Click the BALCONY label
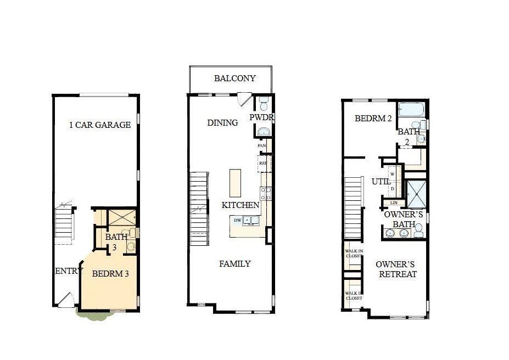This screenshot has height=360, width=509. (x=234, y=78)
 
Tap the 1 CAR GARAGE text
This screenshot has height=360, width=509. (x=100, y=125)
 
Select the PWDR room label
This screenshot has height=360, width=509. (x=261, y=118)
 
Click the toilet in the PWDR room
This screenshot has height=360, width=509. (x=264, y=103)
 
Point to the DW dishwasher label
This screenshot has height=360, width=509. (x=237, y=220)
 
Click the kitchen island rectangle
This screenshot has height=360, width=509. (x=236, y=183)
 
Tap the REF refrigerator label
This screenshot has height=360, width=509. (x=263, y=163)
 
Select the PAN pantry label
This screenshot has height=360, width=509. (x=262, y=146)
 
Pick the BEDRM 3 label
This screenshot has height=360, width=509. (x=110, y=273)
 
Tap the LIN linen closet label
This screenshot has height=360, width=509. (x=394, y=203)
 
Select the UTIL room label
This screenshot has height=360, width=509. (x=381, y=181)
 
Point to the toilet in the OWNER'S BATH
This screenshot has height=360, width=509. (x=419, y=230)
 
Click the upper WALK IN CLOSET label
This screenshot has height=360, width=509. (x=353, y=253)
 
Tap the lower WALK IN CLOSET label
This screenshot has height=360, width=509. (x=353, y=296)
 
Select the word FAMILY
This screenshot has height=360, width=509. (x=235, y=264)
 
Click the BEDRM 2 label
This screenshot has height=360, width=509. (x=372, y=119)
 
